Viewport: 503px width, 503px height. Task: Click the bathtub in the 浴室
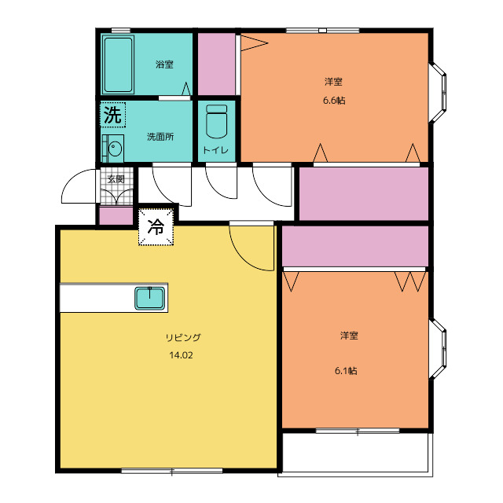118,64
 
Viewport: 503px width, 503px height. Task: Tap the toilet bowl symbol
217,121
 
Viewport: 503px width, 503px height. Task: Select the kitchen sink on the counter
150,299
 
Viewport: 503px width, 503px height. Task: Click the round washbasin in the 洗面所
115,149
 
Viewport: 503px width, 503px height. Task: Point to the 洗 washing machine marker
112,115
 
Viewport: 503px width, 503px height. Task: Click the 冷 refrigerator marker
156,227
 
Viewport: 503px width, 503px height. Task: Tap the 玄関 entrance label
116,179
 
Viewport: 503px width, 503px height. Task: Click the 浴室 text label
164,64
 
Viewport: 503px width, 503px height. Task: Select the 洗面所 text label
160,137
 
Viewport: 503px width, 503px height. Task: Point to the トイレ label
216,150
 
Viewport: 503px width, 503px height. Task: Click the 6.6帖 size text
334,101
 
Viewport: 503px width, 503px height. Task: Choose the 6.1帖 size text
346,371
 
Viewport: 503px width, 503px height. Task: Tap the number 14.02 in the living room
182,355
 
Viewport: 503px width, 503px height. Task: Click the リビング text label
183,337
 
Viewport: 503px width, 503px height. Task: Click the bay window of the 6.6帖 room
438,93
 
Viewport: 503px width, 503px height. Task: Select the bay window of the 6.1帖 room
438,349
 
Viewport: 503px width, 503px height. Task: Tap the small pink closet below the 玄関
116,216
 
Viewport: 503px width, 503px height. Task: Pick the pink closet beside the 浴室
217,64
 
